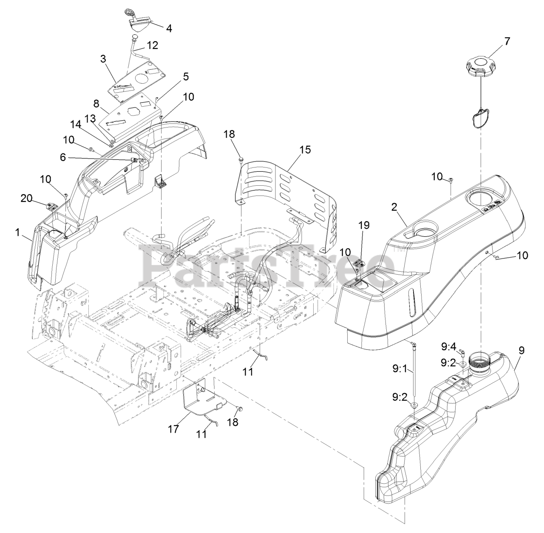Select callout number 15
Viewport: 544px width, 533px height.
[x=305, y=149]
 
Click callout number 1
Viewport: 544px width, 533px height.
[x=17, y=232]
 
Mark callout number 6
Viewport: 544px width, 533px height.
[x=63, y=157]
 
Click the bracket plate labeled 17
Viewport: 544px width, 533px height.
[x=200, y=397]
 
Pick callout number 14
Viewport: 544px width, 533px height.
[x=76, y=124]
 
